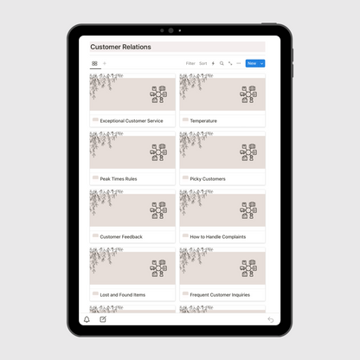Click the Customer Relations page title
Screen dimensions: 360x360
click(120, 48)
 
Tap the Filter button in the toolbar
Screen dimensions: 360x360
click(190, 63)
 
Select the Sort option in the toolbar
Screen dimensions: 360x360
click(203, 63)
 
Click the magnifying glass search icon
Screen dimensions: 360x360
click(222, 63)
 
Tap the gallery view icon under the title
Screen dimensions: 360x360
click(94, 63)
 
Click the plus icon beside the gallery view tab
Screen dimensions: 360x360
click(105, 63)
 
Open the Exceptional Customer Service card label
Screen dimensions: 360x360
click(131, 120)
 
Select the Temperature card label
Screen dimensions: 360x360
click(203, 120)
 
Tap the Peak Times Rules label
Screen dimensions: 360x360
click(119, 178)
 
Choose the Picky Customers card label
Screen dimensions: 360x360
click(208, 178)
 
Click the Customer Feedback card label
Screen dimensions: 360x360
click(121, 236)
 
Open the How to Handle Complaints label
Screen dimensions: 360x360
click(217, 236)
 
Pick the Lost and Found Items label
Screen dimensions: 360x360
click(122, 294)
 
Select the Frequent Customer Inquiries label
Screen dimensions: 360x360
click(220, 294)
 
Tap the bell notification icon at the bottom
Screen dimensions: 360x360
click(87, 319)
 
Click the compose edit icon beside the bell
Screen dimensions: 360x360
click(103, 319)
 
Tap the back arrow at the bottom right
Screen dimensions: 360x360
click(270, 319)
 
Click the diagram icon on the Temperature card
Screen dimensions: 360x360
click(248, 94)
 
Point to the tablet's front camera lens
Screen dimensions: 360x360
click(170, 30)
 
